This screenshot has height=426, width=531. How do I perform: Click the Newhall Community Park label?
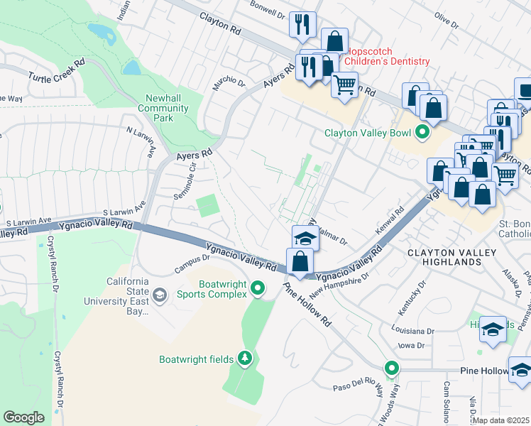tap(168, 108)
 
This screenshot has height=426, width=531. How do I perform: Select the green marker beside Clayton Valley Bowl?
tap(423, 132)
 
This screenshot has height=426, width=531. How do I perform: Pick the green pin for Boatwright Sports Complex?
tap(258, 288)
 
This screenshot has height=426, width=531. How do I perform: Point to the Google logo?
tap(24, 417)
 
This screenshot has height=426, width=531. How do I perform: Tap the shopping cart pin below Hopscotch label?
tap(344, 86)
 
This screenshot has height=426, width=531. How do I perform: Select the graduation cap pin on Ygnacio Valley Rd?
tap(305, 238)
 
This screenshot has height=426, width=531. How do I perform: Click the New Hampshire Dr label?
tap(341, 285)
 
